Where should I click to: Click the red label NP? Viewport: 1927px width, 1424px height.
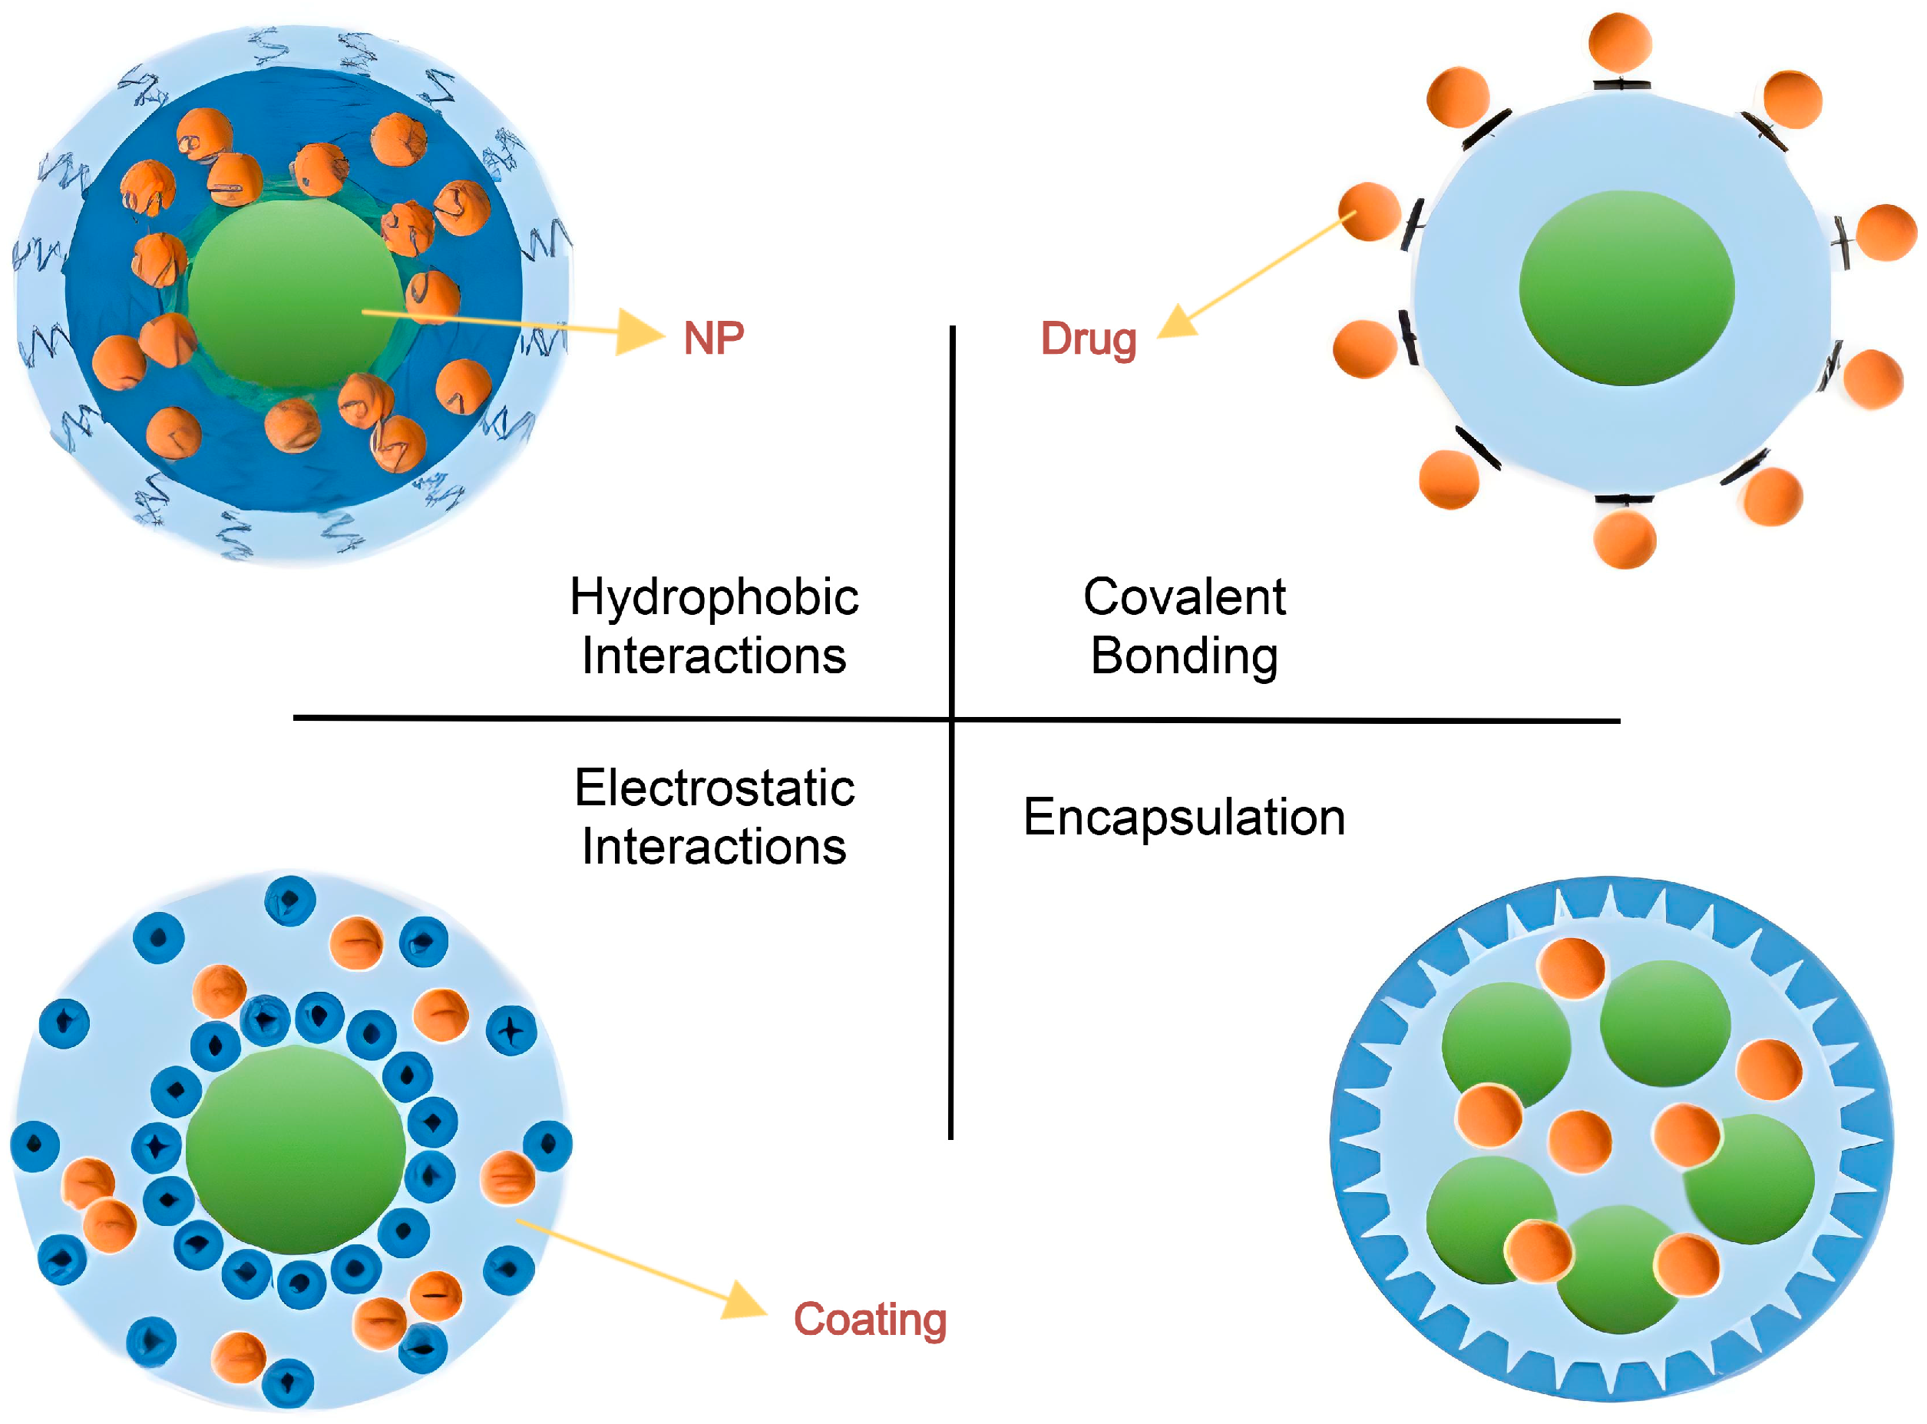713,338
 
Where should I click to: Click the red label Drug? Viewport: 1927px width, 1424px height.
1088,339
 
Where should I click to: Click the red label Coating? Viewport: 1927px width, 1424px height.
869,1319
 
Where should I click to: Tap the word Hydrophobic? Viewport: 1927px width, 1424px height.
714,597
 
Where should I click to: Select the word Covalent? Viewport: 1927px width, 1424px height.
1184,596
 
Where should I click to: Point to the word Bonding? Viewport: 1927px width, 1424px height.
1184,656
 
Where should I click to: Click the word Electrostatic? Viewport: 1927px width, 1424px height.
714,788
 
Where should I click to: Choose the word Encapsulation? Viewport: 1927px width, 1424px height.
1184,817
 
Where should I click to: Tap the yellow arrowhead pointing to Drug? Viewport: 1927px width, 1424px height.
1176,322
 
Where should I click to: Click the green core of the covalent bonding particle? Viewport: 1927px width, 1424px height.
1626,288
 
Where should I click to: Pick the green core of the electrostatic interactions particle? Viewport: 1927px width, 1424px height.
295,1149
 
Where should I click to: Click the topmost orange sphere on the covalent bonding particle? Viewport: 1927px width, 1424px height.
1620,41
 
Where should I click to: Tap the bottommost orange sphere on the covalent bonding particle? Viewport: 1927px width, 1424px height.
1625,539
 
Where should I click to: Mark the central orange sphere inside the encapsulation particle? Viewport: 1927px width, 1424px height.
1579,1142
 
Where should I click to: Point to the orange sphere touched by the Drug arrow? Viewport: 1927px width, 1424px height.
1369,211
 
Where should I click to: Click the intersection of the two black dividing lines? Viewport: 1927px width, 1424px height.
952,718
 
